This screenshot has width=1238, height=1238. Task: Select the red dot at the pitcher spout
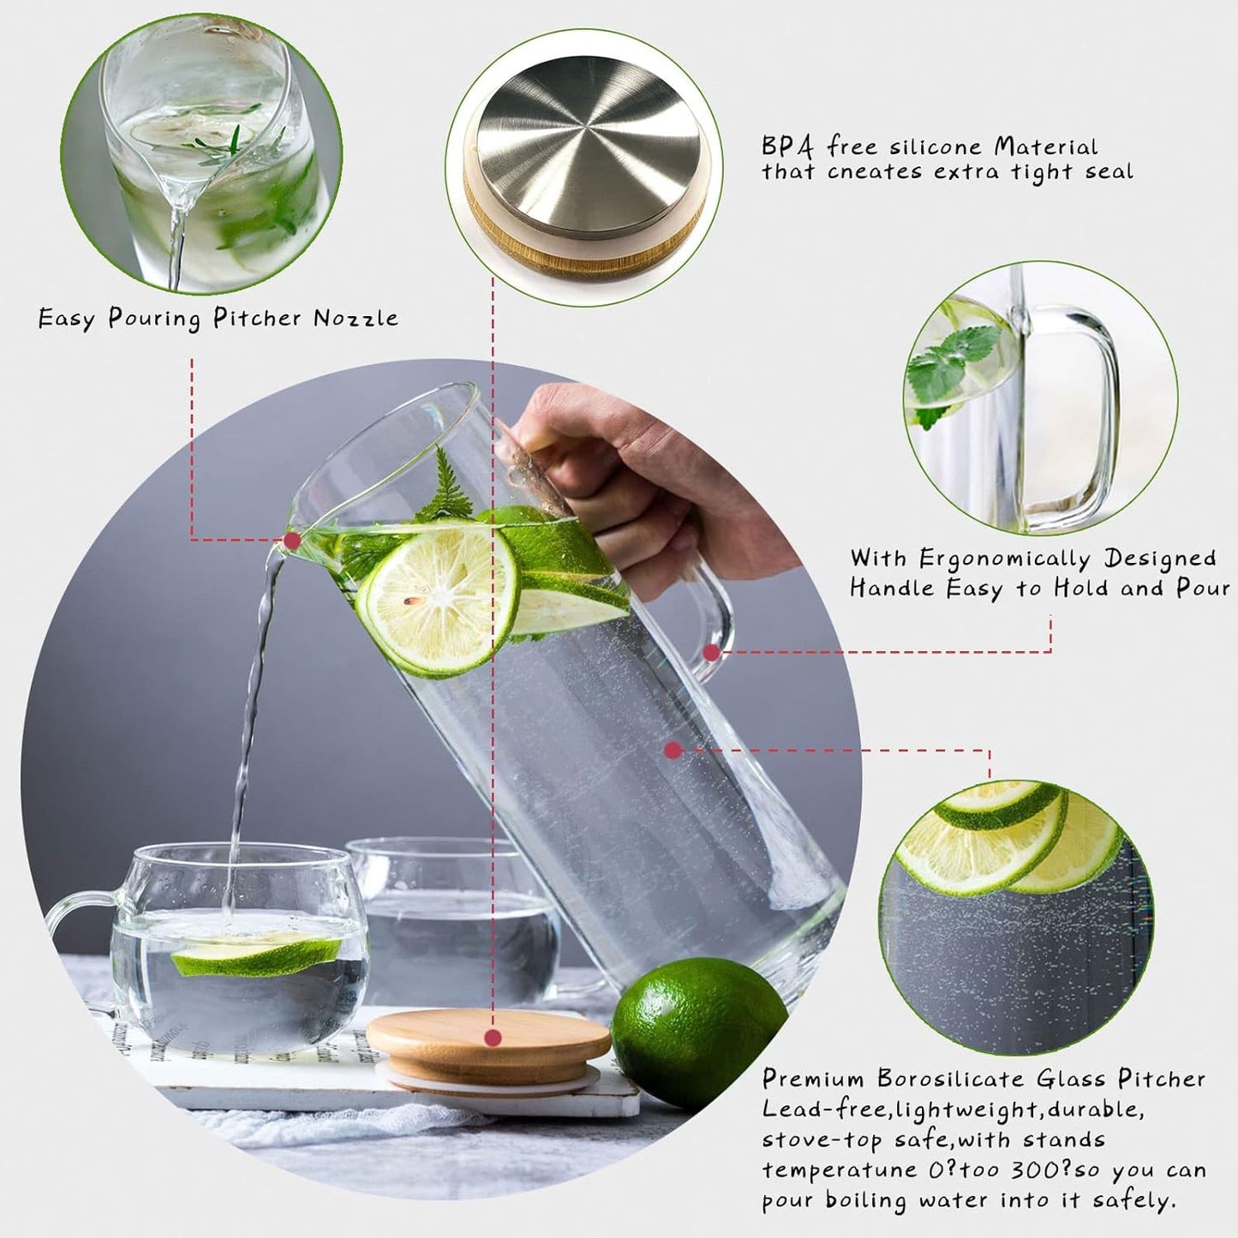(x=292, y=541)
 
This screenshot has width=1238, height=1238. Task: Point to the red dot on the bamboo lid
(x=493, y=1038)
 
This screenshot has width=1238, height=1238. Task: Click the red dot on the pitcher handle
(x=711, y=653)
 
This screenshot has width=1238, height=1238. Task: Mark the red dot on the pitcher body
(x=673, y=751)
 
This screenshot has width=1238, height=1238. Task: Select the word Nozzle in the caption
(x=356, y=319)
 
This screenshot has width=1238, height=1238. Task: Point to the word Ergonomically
(x=1004, y=559)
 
